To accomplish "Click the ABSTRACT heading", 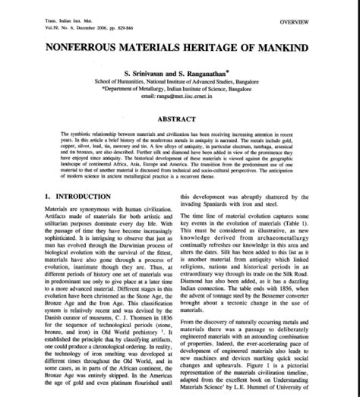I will [x=180, y=119].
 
